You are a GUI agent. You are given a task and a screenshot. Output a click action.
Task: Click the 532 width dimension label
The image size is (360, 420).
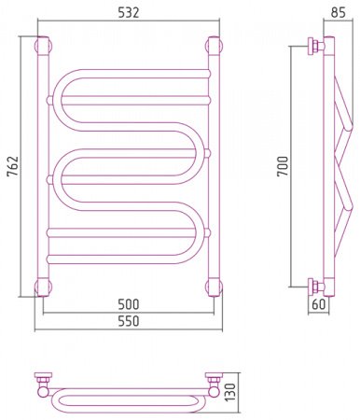coord(129,12)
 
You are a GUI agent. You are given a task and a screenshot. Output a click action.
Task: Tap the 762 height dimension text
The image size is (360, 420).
coord(13,166)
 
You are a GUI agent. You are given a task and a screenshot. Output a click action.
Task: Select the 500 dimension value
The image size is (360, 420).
coord(129,304)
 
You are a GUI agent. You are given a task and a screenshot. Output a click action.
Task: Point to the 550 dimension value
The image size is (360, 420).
coord(129,321)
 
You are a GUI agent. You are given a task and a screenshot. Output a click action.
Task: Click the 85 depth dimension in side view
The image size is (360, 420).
coord(338,12)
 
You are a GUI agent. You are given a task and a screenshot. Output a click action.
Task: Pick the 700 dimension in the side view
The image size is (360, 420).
coord(283,166)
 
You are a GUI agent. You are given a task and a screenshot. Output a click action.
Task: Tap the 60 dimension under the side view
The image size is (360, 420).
coord(318,304)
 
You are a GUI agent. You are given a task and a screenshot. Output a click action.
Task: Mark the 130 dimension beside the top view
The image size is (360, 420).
coord(230,392)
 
